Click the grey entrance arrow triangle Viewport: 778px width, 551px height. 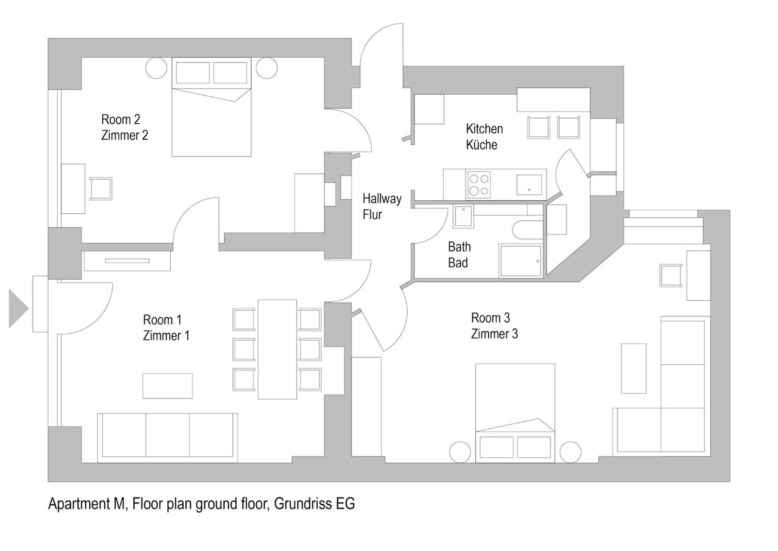17,308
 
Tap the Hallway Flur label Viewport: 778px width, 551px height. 381,206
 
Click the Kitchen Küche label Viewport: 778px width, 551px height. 484,136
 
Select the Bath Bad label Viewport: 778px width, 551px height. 459,254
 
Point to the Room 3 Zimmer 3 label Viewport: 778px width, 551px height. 494,325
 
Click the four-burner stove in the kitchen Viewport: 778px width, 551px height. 479,185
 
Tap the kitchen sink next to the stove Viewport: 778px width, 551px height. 529,185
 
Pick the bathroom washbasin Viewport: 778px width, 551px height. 463,216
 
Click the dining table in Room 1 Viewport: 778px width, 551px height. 277,349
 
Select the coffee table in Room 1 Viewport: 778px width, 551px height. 167,385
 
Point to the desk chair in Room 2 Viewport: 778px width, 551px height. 100,189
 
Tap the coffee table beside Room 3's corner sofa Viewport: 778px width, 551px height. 633,368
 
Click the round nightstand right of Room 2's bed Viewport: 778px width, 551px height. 266,68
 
